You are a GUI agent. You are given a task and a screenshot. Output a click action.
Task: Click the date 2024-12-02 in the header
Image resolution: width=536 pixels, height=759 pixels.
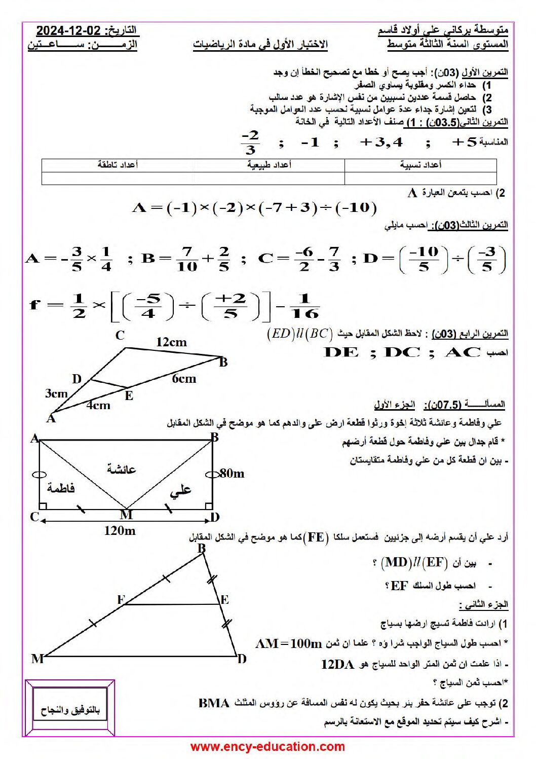tap(68, 30)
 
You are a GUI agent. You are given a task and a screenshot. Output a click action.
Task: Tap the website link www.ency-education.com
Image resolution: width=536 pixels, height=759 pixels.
tap(267, 746)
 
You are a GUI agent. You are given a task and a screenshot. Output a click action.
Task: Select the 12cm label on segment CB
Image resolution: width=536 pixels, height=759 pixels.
tap(171, 342)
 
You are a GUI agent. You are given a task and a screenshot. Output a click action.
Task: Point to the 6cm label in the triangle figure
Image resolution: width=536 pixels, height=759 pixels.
tap(184, 379)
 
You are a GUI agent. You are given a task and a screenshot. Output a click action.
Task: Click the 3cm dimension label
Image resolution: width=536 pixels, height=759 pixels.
tap(56, 393)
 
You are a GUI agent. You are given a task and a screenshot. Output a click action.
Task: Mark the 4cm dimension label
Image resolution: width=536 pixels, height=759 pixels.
tap(98, 405)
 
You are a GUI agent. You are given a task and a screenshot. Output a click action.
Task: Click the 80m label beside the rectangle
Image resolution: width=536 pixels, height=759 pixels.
tap(232, 474)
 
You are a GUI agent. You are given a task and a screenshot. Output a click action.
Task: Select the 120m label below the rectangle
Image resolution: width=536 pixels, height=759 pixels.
tap(120, 531)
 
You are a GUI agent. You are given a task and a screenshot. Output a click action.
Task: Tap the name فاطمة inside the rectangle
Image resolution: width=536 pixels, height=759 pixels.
tap(61, 488)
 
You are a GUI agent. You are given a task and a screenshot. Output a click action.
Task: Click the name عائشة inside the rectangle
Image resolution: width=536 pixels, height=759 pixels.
tap(122, 468)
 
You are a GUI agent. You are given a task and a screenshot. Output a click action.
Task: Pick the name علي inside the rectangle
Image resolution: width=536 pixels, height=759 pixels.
tap(180, 490)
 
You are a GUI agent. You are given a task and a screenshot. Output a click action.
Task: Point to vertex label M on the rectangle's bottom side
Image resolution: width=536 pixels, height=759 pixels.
tap(126, 515)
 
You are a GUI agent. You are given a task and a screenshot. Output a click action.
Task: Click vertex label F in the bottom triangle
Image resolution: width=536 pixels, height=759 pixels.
tap(121, 599)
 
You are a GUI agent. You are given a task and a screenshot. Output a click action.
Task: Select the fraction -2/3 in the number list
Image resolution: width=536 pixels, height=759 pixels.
tap(250, 142)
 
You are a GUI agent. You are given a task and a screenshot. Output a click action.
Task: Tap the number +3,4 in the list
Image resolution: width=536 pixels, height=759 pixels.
tap(381, 142)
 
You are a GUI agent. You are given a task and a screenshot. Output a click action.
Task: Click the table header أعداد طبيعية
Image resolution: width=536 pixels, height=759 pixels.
tap(269, 165)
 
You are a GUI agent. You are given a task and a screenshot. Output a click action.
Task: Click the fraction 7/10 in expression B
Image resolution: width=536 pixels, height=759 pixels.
tap(187, 259)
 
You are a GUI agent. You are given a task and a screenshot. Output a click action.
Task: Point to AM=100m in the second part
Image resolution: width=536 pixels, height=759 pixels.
tap(289, 644)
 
